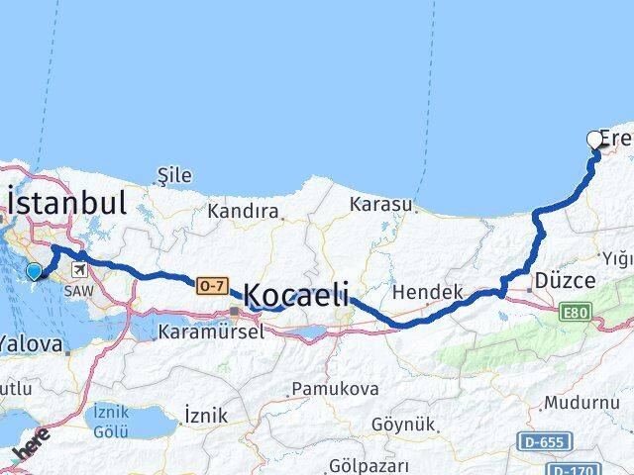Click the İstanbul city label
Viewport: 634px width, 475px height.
point(67,204)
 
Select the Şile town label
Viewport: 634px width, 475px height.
point(174,175)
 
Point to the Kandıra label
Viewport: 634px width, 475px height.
point(243,211)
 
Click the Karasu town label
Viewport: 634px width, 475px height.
point(379,205)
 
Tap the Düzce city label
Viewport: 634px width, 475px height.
point(564,281)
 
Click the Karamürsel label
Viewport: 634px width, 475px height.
point(210,333)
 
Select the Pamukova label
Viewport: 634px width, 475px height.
point(336,389)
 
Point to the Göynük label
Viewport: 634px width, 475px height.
point(403,425)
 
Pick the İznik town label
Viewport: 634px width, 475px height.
point(206,415)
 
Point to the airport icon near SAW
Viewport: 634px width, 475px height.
point(77,269)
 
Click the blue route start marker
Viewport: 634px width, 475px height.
point(35,271)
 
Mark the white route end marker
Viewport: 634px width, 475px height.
point(595,140)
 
